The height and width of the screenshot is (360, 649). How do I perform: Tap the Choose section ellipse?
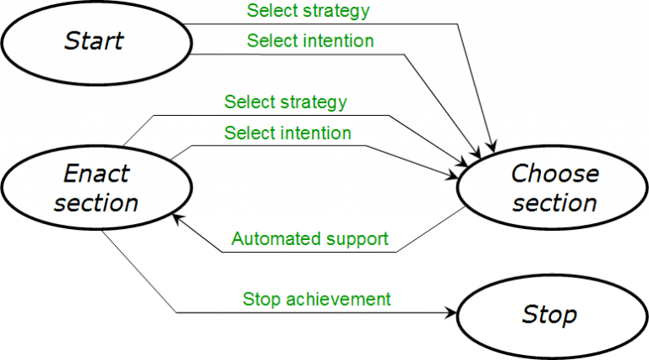point(554,188)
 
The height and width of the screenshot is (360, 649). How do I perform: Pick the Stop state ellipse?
point(549,315)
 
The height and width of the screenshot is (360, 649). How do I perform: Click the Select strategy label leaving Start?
point(308,11)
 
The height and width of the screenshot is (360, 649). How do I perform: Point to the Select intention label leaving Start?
point(310,40)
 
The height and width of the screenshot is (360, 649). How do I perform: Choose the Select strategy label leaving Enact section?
point(286,102)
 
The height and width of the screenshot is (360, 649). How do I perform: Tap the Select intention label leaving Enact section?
point(287,133)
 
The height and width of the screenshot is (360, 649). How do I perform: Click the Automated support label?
point(309,239)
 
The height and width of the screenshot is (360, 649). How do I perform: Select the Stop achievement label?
point(316,298)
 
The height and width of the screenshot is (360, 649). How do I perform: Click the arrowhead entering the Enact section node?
point(177,219)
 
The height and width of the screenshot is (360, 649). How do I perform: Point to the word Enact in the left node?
point(96,174)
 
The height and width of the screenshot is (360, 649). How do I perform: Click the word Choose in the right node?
point(554,174)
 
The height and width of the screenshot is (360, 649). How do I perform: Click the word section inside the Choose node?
point(554,203)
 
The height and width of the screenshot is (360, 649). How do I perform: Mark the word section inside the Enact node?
point(96,203)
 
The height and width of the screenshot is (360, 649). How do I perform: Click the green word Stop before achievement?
point(259,298)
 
